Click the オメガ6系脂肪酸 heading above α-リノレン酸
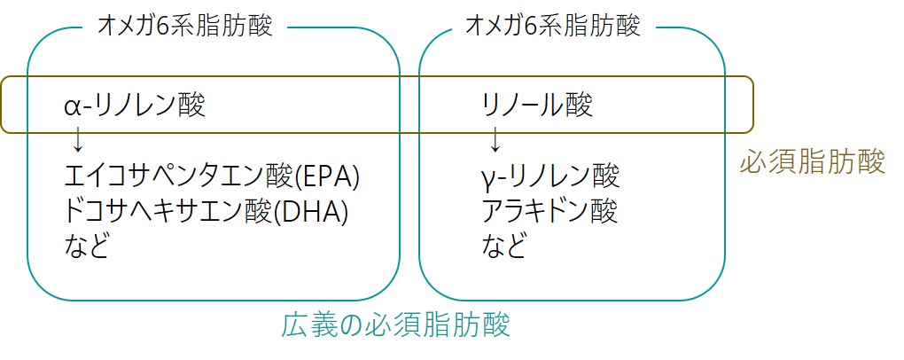185,26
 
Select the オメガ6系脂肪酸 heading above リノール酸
553,26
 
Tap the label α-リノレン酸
135,106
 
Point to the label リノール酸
537,106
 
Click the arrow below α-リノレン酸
77,139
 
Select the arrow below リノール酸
494,139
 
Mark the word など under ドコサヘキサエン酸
87,246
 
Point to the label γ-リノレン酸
550,176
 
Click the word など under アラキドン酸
504,246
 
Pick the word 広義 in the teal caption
309,325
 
